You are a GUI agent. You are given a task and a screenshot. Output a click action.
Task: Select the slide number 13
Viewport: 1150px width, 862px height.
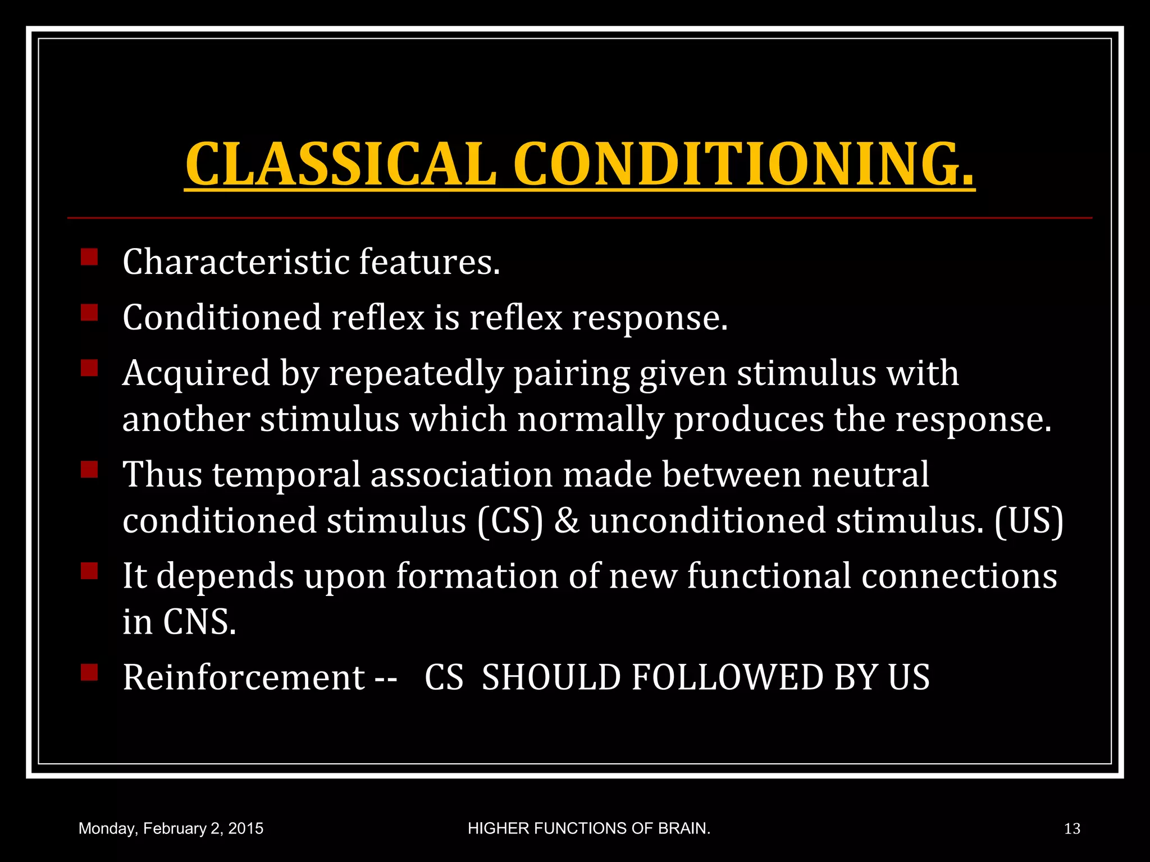[1072, 828]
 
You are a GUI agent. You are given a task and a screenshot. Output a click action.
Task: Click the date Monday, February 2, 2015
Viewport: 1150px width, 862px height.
[171, 828]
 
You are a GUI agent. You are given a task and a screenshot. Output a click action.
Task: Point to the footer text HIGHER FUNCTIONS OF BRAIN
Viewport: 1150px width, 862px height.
[589, 828]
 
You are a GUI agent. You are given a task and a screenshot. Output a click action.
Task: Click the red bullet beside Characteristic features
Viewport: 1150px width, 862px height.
[89, 257]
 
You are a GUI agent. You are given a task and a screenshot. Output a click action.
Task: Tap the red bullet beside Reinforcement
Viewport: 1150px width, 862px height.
[89, 672]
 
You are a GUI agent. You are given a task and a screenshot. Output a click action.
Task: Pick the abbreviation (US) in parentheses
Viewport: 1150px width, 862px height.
[1029, 520]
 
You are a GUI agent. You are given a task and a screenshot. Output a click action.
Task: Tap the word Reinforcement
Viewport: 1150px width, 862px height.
[244, 677]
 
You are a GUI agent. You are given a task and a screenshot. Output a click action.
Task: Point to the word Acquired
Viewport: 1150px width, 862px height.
[196, 374]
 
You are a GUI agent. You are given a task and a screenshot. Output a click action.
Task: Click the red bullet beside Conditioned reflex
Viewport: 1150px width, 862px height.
[89, 313]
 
